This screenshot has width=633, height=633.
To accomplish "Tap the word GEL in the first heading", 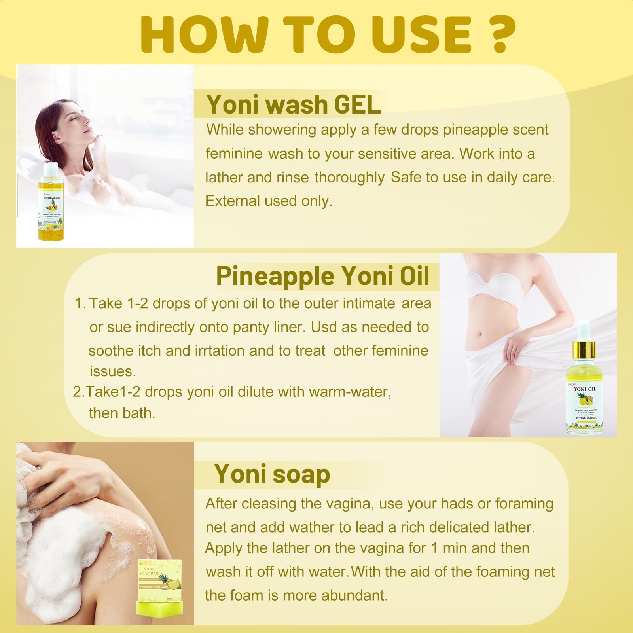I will [358, 105].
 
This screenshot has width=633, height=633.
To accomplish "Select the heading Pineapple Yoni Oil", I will [322, 276].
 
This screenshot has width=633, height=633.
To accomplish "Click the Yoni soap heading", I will [272, 474].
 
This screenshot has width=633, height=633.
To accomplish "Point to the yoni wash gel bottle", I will [51, 206].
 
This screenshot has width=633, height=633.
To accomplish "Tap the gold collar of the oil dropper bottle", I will [584, 350].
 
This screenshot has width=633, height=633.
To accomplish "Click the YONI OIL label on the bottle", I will [585, 389].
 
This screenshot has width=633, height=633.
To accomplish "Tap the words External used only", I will [269, 201].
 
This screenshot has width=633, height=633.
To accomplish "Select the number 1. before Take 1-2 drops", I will [80, 304].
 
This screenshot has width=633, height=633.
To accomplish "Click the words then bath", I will [122, 413].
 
